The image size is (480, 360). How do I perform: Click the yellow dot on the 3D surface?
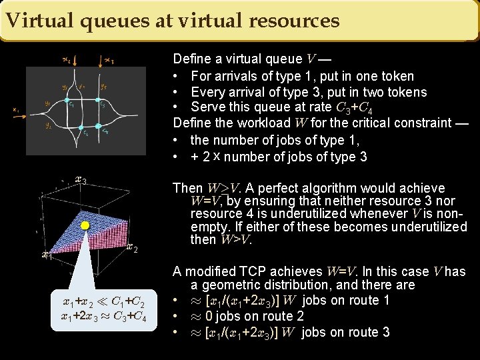point(85,226)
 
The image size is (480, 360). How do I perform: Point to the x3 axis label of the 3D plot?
point(81,179)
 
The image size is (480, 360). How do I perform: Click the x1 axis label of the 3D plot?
point(46,255)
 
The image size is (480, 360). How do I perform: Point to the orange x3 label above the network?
point(109,61)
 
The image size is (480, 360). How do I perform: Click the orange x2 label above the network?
point(67,61)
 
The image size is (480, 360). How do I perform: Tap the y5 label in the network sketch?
point(103,86)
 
